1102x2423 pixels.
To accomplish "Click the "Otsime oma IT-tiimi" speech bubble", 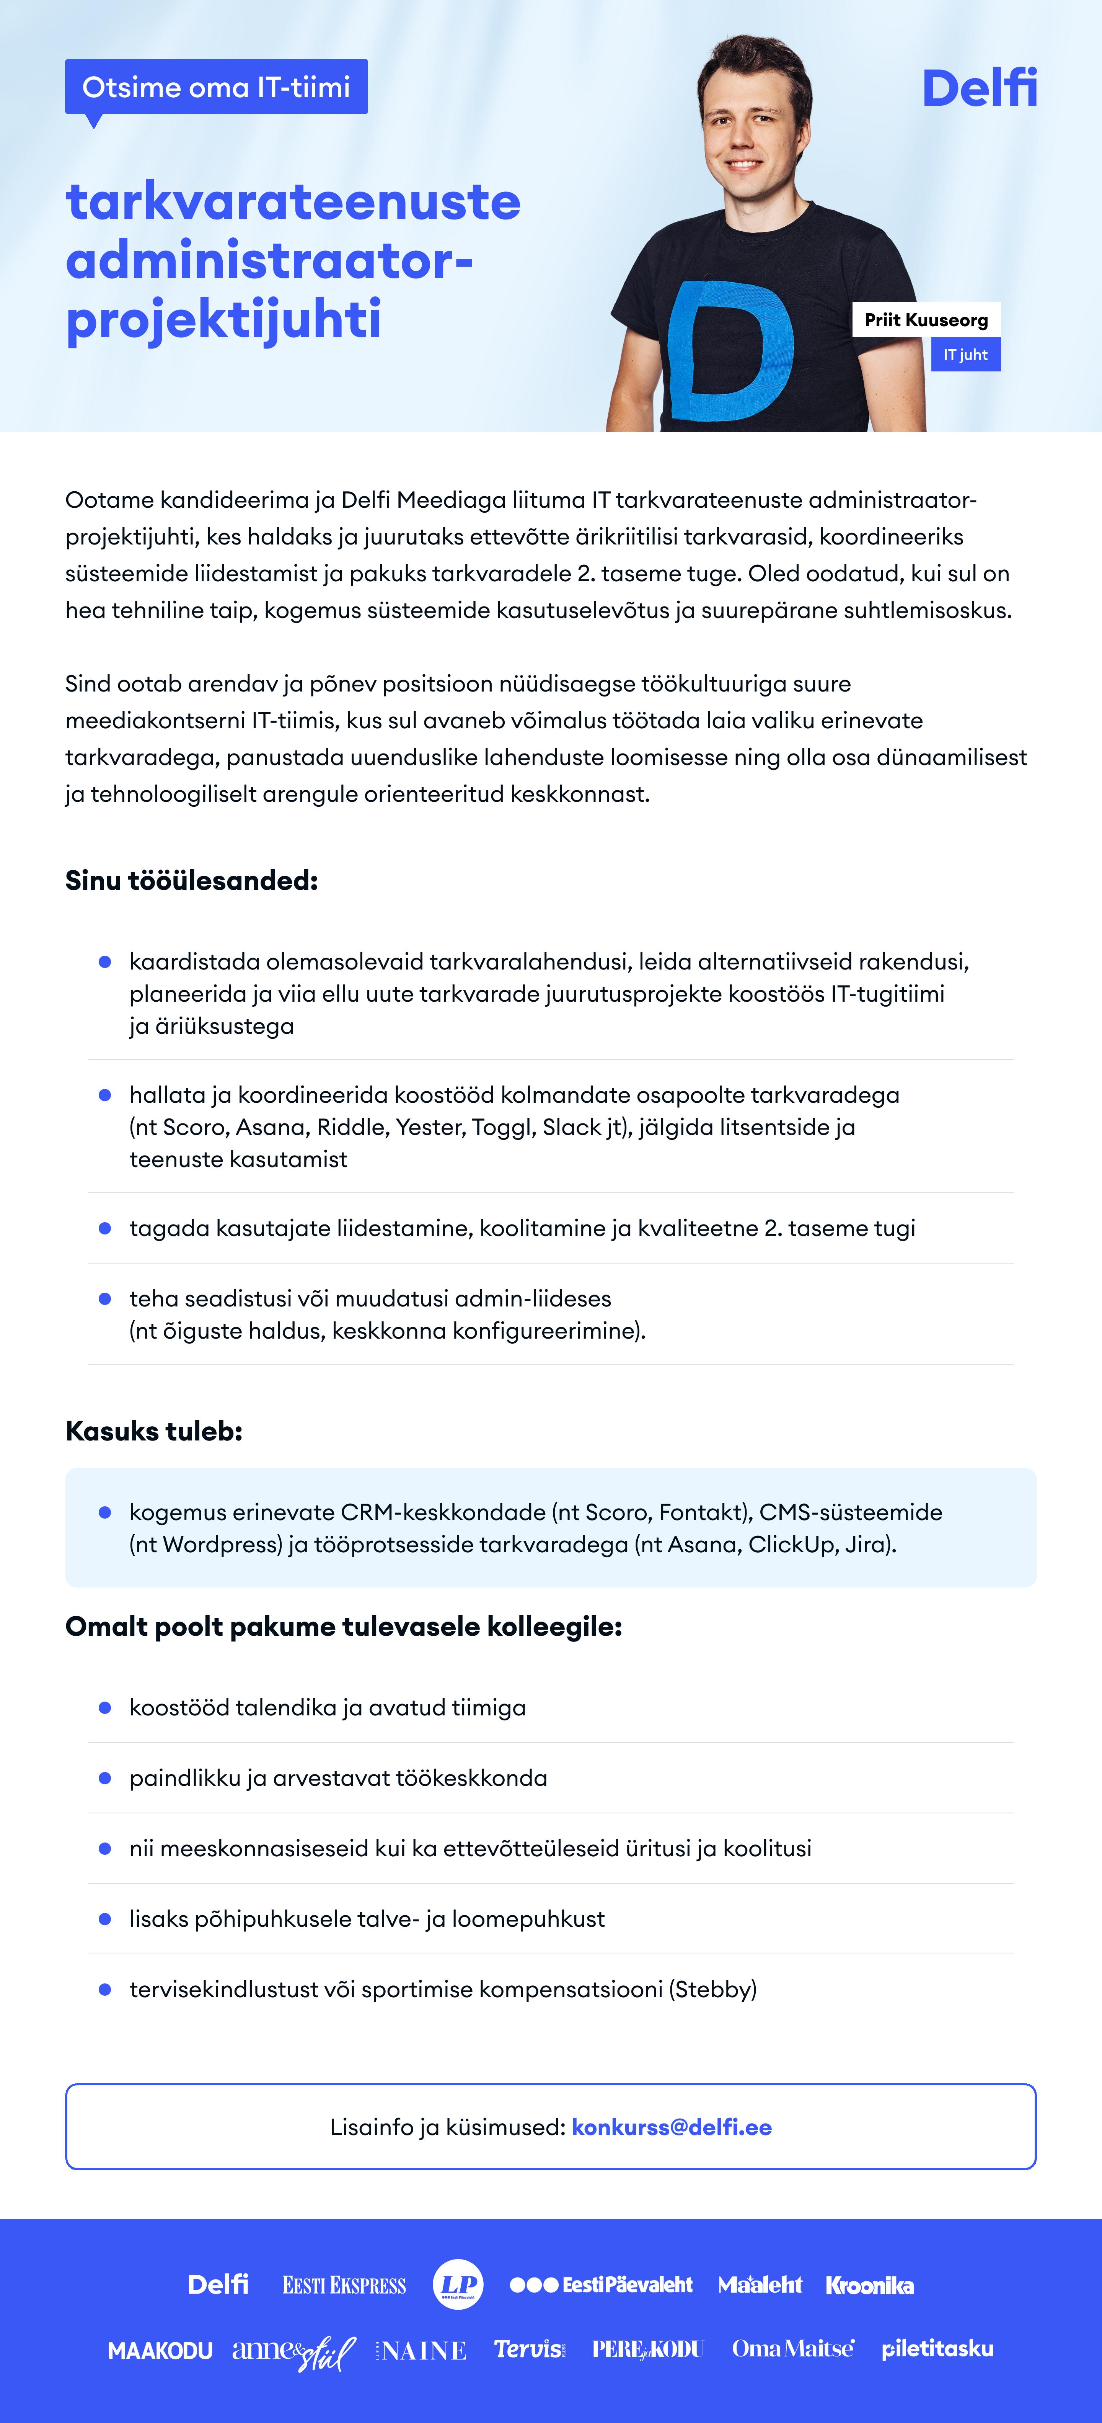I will [x=216, y=87].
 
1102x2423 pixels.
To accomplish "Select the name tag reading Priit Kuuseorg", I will [x=926, y=320].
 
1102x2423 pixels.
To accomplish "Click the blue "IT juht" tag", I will [x=966, y=355].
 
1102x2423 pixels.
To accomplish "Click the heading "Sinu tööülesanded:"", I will [x=192, y=881].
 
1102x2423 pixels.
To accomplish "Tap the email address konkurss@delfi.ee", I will [x=672, y=2128].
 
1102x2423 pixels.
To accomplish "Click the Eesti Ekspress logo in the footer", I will [x=344, y=2285].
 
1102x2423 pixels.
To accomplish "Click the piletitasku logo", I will [x=937, y=2349].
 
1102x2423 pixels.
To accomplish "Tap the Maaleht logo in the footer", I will [x=760, y=2285].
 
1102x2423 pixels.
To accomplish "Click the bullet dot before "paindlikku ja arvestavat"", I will [x=105, y=1778].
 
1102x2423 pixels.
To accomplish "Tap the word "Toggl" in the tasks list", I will [x=503, y=1127].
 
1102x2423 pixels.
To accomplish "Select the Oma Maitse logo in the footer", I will [x=793, y=2349].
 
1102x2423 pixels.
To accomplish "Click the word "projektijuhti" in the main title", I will [x=224, y=319].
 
